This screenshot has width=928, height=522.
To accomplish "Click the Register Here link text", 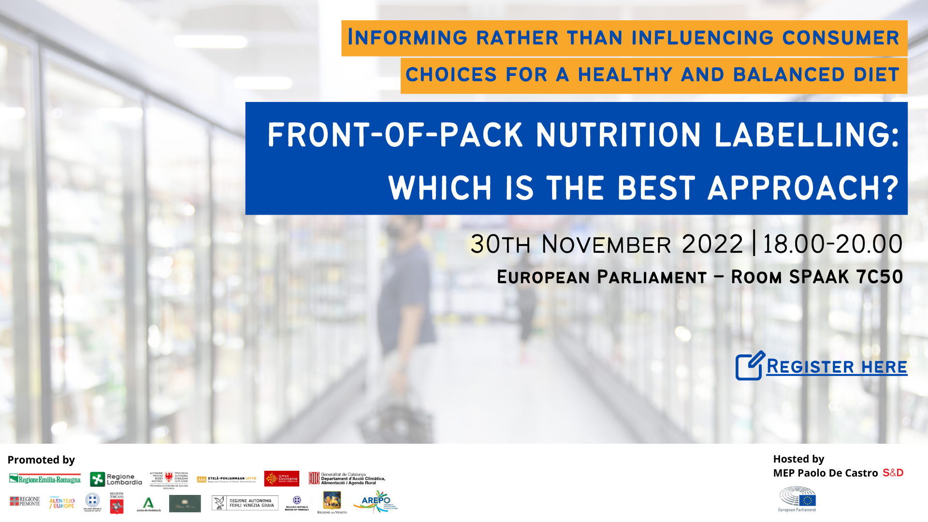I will click(x=837, y=367).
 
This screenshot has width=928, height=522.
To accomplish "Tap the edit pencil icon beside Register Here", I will click(x=750, y=366).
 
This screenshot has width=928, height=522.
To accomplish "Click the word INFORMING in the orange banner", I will click(x=407, y=38).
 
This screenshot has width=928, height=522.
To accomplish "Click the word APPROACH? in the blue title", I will click(x=803, y=188).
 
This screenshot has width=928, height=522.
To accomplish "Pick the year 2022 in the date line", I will click(x=712, y=244).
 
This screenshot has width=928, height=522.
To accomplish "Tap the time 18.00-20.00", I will click(x=832, y=244).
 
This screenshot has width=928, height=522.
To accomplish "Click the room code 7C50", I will click(x=879, y=277).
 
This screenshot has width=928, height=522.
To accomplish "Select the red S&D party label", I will click(x=893, y=473).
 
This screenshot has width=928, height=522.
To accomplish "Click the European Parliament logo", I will click(x=797, y=499).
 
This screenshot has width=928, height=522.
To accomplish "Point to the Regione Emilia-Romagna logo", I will click(x=45, y=479).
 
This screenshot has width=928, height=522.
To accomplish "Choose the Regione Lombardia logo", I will click(x=116, y=479).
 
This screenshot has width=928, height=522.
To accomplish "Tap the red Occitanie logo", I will click(x=282, y=478).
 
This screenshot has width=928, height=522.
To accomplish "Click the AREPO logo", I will click(x=376, y=501).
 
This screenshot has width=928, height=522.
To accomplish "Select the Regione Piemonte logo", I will click(x=25, y=501).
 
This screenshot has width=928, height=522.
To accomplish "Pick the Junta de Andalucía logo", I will click(x=148, y=504).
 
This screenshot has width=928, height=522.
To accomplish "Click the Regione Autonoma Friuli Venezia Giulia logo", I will click(x=245, y=503).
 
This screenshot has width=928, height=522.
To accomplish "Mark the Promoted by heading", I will click(x=41, y=460).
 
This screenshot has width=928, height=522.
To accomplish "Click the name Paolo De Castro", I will click(x=837, y=473).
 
